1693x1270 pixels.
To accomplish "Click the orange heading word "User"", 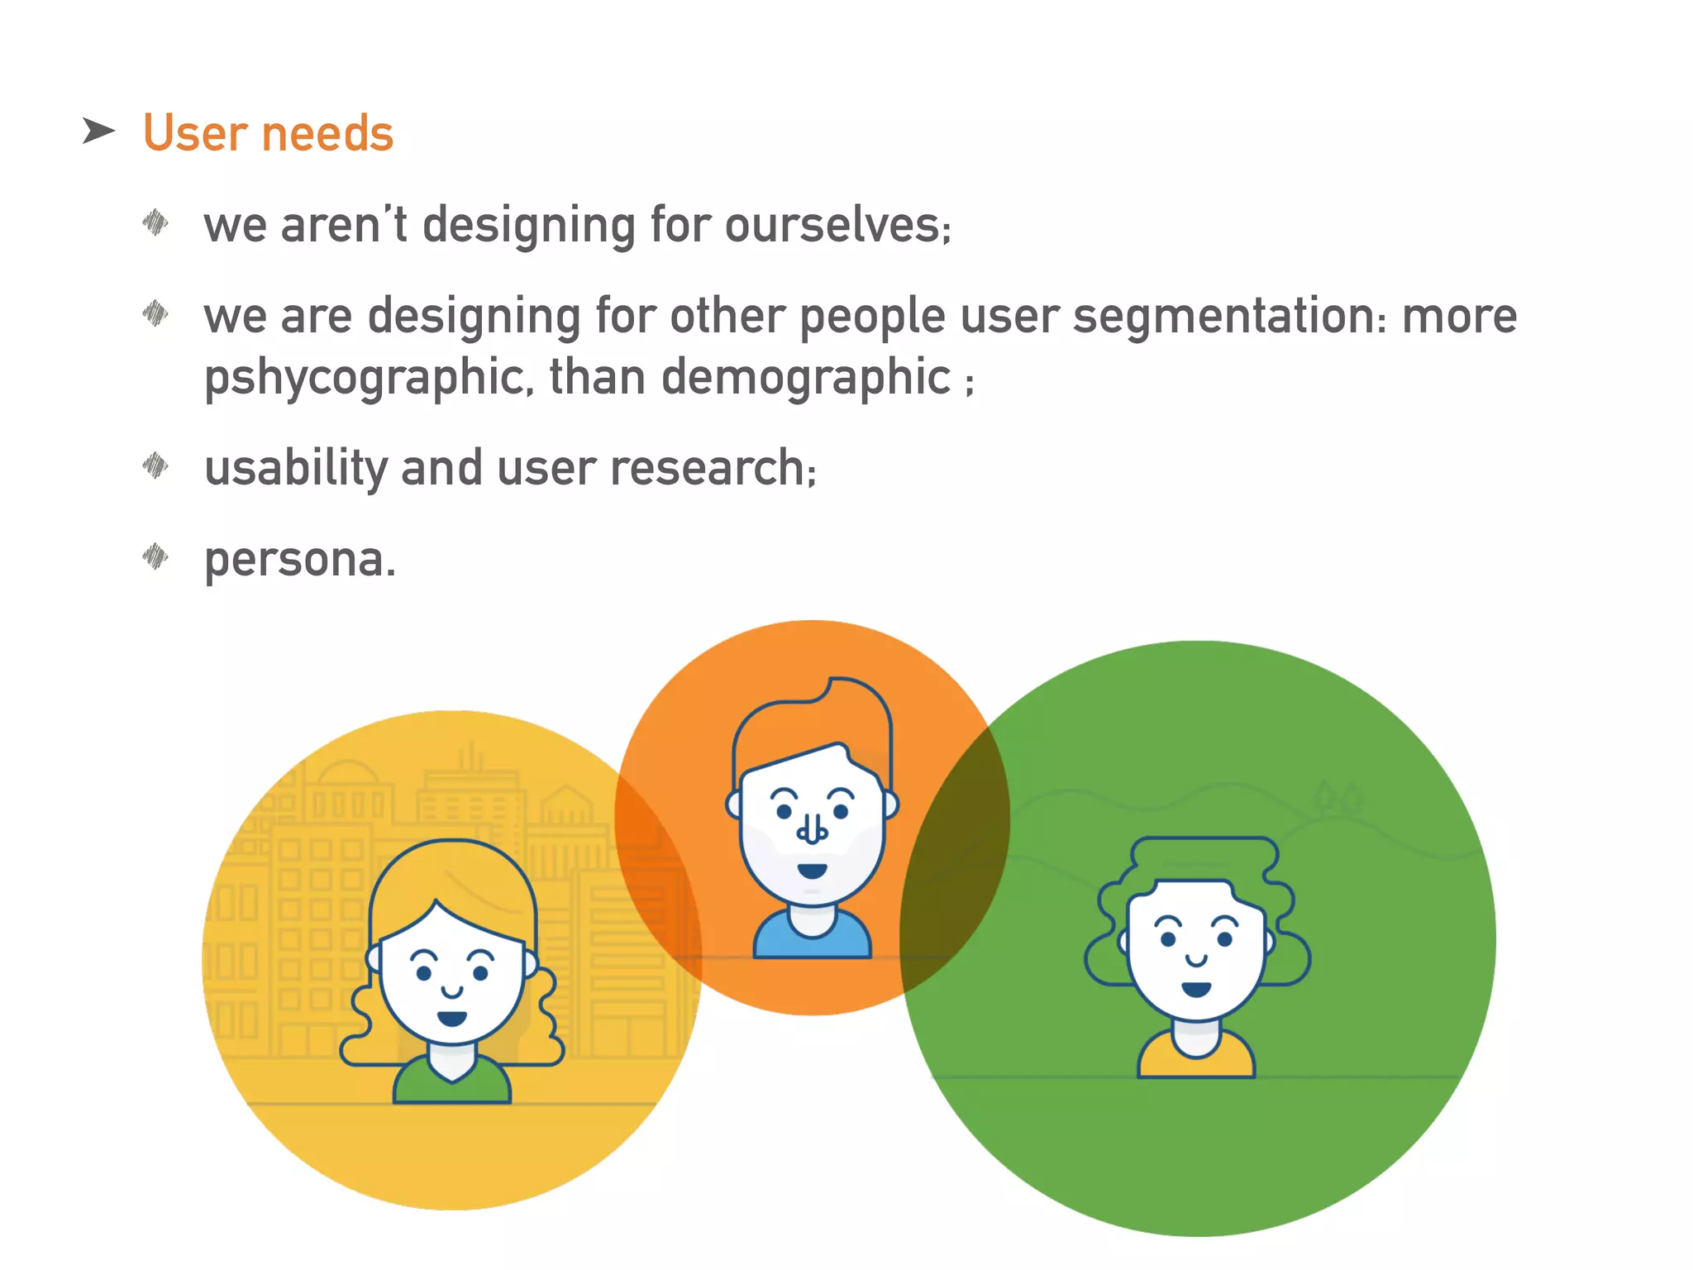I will pyautogui.click(x=195, y=133).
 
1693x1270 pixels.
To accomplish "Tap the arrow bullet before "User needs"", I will pyautogui.click(x=98, y=131).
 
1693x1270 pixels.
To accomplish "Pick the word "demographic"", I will pyautogui.click(x=806, y=377).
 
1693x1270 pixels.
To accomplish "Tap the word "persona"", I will pyautogui.click(x=294, y=559).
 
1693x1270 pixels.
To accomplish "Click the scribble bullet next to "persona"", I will pyautogui.click(x=155, y=556).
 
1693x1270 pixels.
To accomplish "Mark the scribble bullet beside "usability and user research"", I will pyautogui.click(x=155, y=466).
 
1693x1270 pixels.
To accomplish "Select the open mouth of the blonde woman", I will pyautogui.click(x=451, y=1018).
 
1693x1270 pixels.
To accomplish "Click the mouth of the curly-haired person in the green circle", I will pyautogui.click(x=1195, y=989).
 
